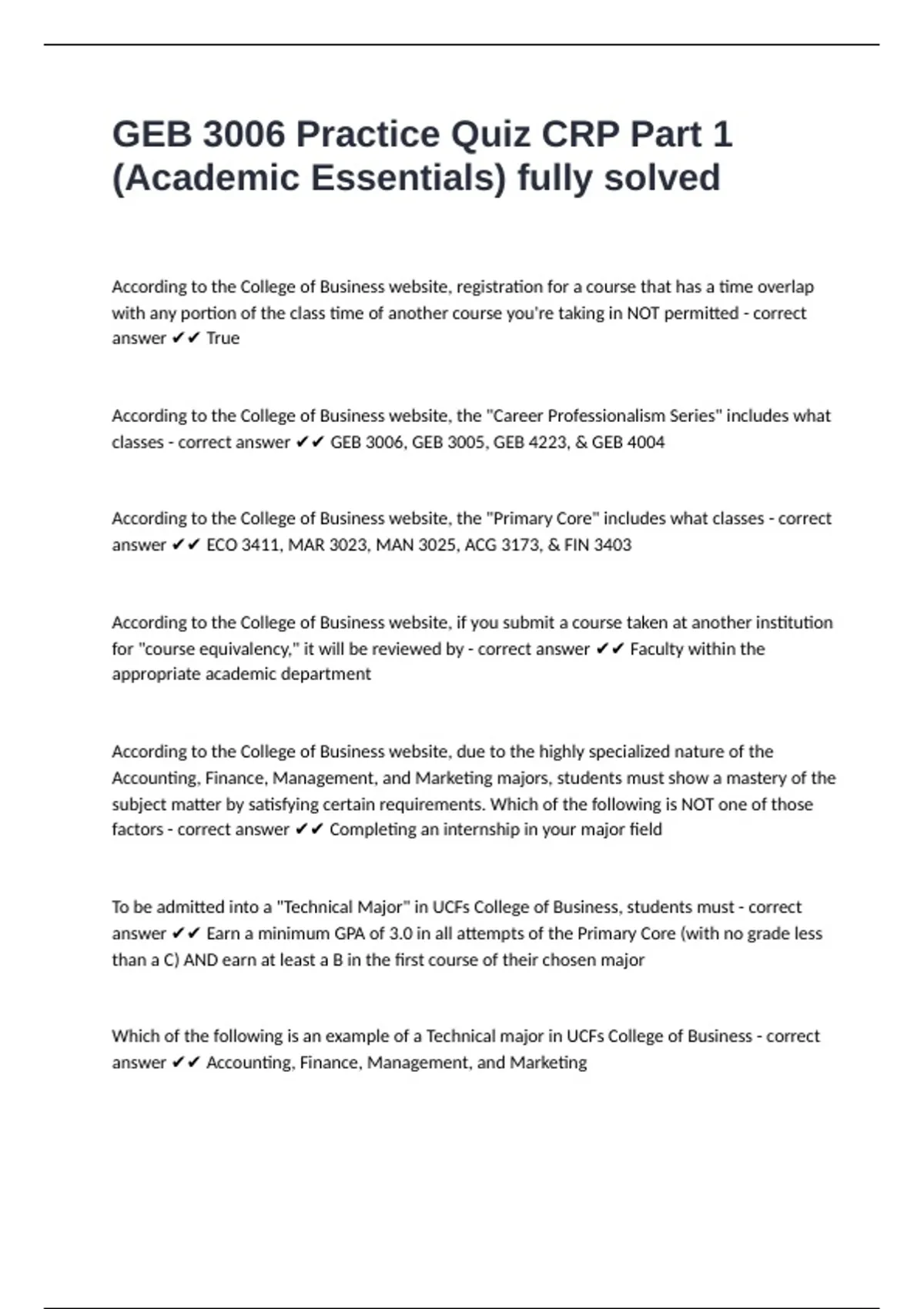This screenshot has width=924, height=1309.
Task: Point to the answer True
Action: (223, 339)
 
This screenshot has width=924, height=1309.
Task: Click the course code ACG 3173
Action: (500, 545)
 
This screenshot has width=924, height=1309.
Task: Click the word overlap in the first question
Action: (785, 287)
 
